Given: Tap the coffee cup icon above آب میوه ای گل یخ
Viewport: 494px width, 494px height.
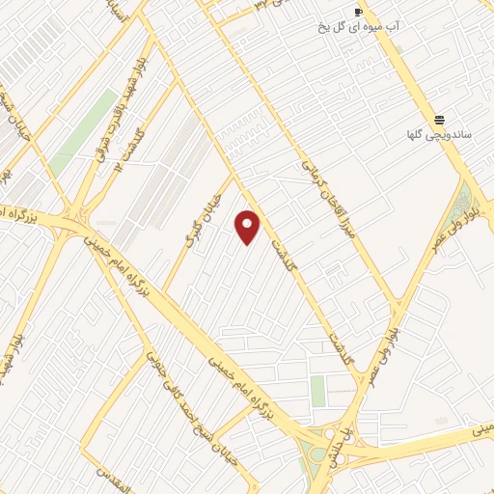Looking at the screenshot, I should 359,12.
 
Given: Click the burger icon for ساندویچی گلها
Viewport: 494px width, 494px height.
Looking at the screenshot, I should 440,120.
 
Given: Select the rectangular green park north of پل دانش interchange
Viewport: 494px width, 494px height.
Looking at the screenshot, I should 317,391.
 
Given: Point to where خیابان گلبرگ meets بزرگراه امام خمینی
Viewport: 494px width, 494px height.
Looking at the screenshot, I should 163,293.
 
